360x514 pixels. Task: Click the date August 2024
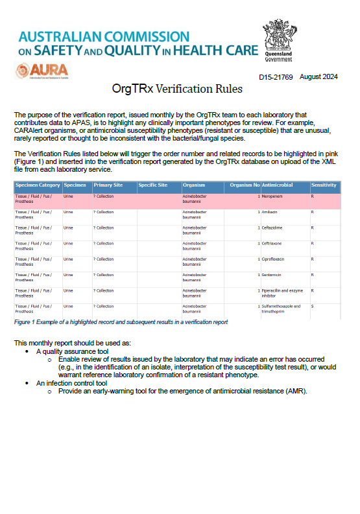click(x=319, y=77)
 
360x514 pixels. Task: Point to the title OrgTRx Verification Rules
click(x=177, y=89)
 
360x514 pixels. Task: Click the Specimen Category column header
click(x=38, y=185)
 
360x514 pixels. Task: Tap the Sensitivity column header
click(x=324, y=185)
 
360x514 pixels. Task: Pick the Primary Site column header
click(x=108, y=185)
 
